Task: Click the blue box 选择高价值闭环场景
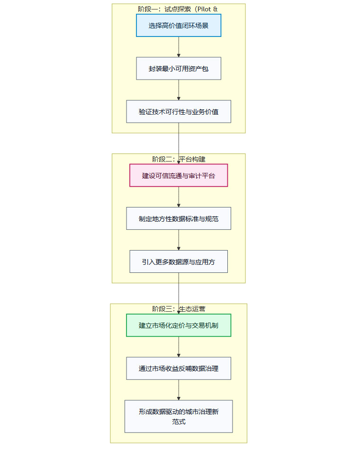(x=179, y=26)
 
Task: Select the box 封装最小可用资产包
(x=179, y=69)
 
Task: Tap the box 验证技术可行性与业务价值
(x=179, y=112)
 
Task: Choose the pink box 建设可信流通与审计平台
(x=179, y=175)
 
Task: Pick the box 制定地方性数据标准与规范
(x=179, y=218)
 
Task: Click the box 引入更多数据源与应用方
(x=179, y=261)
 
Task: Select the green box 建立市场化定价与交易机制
(x=179, y=325)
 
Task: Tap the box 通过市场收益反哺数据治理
(x=179, y=369)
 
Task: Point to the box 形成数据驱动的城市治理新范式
(x=179, y=416)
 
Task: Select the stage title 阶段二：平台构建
(x=179, y=159)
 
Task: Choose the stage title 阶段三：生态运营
(x=179, y=309)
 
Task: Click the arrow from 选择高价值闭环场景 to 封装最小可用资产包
(x=179, y=47)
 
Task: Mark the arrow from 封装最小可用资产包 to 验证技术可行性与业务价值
(x=179, y=90)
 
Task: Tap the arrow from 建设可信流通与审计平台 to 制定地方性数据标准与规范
(x=179, y=197)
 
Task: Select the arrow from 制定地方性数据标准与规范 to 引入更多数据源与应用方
(x=179, y=240)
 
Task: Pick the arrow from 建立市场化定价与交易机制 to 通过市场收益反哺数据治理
(x=179, y=347)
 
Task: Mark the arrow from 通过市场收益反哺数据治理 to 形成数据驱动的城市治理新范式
(x=179, y=390)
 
